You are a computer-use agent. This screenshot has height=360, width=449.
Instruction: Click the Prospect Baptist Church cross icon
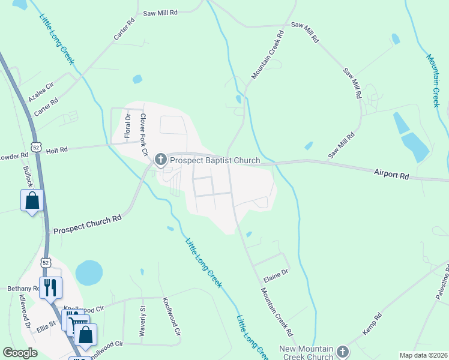[x=160, y=160]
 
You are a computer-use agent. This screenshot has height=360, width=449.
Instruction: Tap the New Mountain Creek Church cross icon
[x=343, y=351]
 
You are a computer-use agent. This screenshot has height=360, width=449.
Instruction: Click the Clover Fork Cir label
[x=143, y=134]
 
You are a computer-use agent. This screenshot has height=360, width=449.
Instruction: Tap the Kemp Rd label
[x=372, y=324]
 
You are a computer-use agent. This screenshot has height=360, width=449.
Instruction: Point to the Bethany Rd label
[x=23, y=289]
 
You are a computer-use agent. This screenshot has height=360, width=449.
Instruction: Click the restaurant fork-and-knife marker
[x=51, y=286]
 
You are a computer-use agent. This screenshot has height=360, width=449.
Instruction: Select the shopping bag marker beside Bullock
[x=32, y=200]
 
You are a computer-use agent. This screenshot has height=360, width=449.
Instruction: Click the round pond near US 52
[x=89, y=272]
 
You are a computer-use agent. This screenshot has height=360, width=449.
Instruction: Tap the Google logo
[x=20, y=353]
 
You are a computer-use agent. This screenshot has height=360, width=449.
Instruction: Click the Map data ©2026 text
[x=423, y=355]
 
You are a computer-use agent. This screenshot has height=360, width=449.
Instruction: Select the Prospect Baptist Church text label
[x=215, y=160]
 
